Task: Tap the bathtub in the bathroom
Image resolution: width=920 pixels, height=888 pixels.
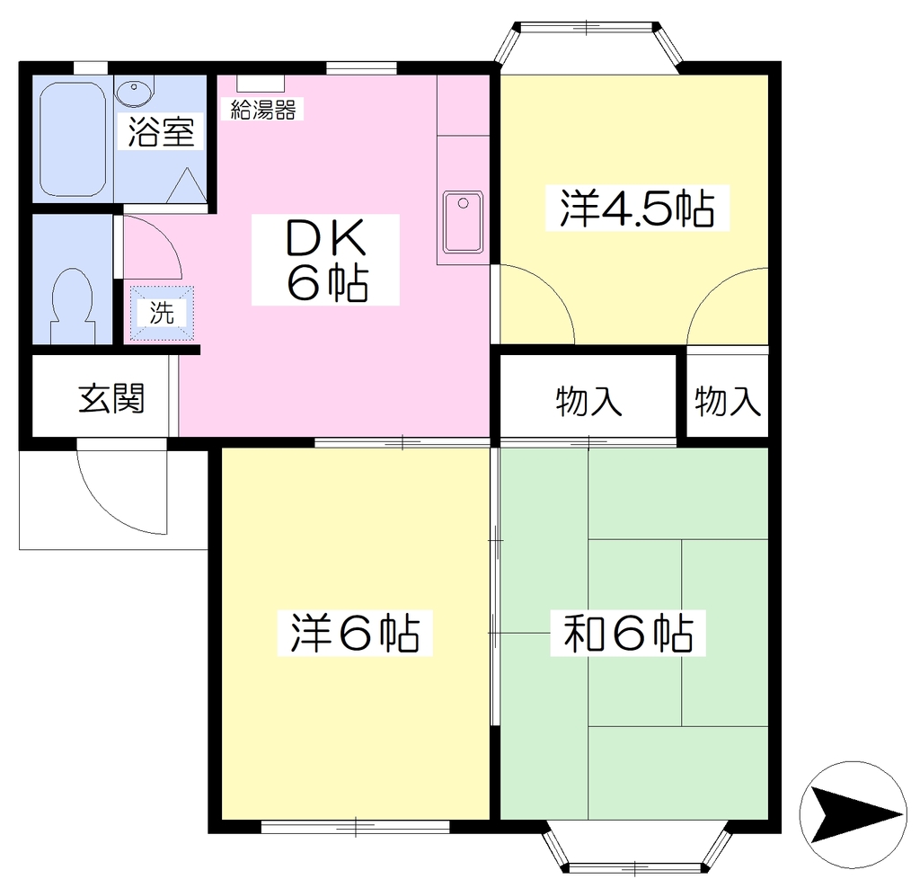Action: (73, 138)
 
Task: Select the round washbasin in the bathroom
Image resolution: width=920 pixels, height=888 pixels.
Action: (135, 92)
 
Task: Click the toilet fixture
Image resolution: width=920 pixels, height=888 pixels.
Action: (73, 306)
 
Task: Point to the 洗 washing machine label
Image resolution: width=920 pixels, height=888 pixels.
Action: (162, 313)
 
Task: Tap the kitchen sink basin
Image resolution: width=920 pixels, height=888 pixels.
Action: (463, 222)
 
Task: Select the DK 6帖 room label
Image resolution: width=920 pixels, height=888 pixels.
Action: (326, 260)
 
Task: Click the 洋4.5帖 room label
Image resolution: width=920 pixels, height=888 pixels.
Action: (637, 209)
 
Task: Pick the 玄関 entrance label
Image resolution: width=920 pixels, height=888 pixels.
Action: (111, 399)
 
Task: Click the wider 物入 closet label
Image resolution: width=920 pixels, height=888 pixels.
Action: (588, 402)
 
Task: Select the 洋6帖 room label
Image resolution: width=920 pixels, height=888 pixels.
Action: (355, 634)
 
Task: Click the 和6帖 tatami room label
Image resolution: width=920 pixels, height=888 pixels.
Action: (628, 634)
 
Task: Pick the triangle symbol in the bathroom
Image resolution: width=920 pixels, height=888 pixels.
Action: (188, 185)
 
